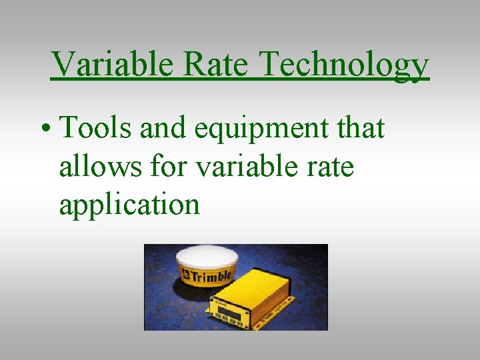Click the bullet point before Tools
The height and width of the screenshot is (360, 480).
click(44, 129)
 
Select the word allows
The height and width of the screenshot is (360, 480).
click(98, 166)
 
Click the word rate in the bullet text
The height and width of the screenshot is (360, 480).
click(331, 167)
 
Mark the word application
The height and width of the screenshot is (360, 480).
click(129, 205)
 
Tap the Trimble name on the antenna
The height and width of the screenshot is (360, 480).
click(211, 275)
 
